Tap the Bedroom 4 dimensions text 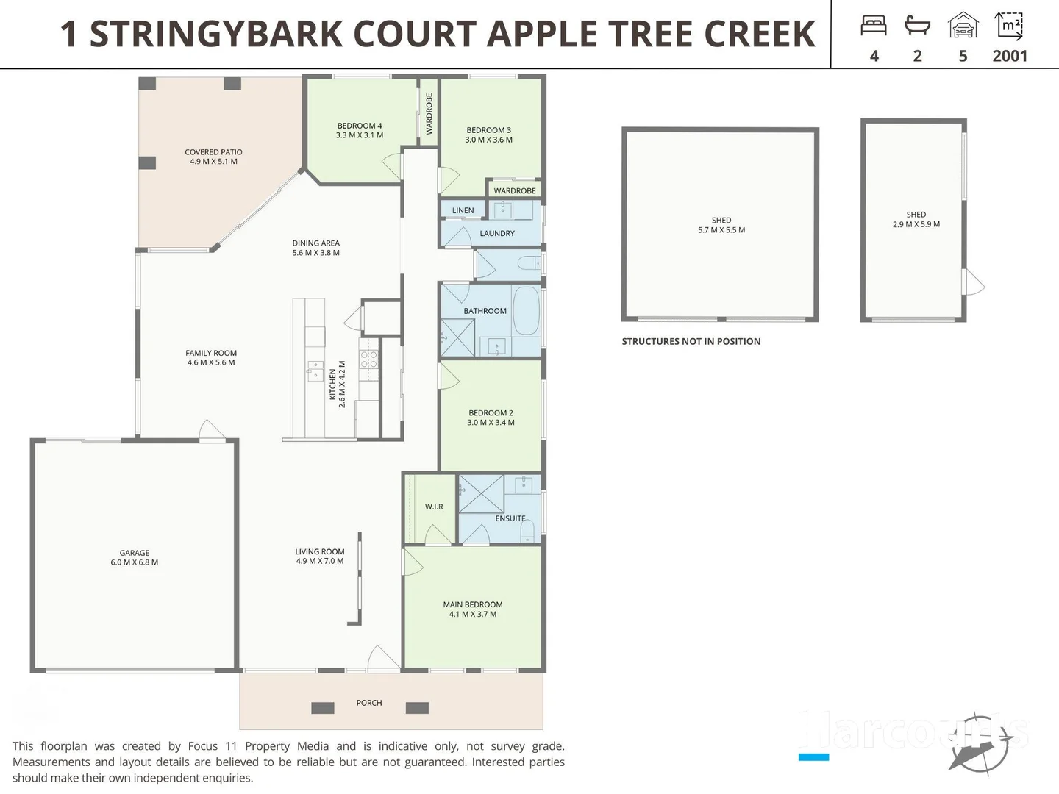pos(360,135)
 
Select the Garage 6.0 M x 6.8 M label pos(135,557)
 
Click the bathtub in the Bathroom pos(526,310)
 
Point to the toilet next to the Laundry pos(529,262)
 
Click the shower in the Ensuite pos(481,493)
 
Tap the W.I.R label pos(434,507)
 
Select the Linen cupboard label pos(463,210)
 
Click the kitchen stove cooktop pos(368,360)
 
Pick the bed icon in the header pos(874,26)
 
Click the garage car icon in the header pos(963,26)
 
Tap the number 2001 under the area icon pos(1009,56)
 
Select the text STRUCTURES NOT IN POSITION pos(691,341)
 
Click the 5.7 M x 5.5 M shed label pos(721,225)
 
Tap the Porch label pos(369,703)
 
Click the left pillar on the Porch pos(323,708)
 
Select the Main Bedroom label pos(473,609)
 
